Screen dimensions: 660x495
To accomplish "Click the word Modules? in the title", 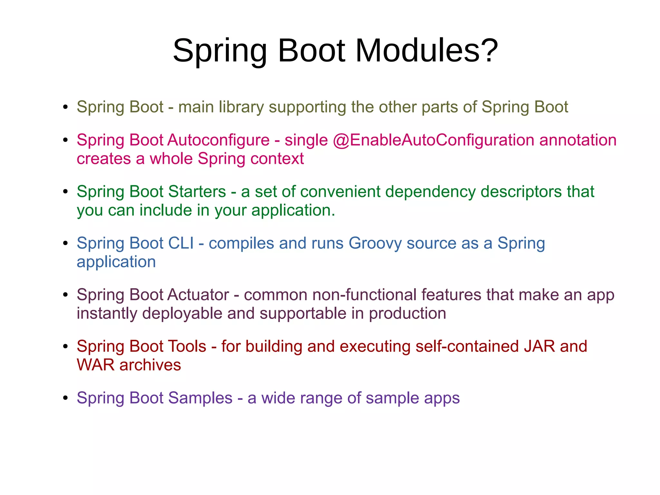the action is (427, 51).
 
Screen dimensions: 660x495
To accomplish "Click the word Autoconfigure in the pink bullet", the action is (218, 140).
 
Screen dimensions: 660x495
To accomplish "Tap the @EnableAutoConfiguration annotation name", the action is (433, 140).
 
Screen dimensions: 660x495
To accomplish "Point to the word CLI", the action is (181, 243).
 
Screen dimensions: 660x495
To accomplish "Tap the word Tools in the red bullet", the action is (187, 346).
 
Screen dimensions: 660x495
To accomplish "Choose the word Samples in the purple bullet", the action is (200, 398).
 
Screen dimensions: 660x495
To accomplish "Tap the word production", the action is (407, 314).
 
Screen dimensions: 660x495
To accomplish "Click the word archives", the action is (150, 365).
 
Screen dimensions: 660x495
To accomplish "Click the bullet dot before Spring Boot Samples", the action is (65, 398).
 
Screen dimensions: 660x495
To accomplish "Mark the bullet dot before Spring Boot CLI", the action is (65, 243).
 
